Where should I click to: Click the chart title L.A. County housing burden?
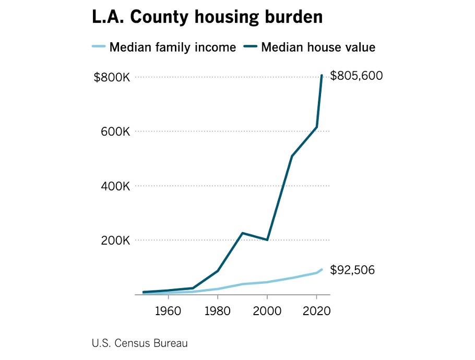[207, 17]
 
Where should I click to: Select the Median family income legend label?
[173, 47]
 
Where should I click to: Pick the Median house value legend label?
[318, 47]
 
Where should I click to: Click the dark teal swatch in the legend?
[251, 47]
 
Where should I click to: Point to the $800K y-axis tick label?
[111, 77]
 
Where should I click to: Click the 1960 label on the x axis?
[168, 311]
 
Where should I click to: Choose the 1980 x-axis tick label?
[218, 311]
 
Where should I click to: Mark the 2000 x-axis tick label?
[267, 311]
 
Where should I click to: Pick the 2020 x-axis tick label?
[317, 311]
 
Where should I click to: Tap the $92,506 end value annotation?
[352, 270]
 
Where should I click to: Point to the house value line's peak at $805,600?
[322, 76]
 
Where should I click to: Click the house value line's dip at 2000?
[267, 240]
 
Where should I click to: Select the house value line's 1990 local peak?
[243, 233]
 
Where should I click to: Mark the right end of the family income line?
[322, 270]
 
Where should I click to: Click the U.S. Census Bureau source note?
[139, 343]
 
